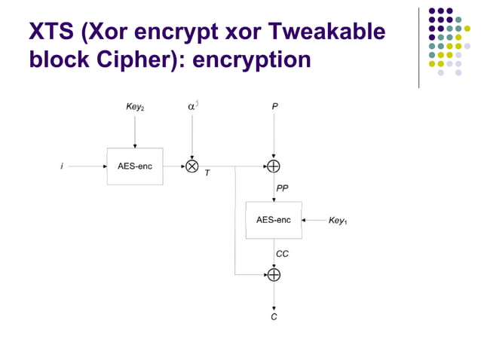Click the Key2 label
135,108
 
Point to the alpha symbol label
192,107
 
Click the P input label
274,108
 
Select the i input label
62,166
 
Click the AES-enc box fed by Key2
135,166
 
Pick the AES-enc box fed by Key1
274,220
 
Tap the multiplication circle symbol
192,166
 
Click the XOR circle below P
274,166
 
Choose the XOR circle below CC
274,275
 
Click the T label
207,173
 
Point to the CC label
282,254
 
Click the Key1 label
338,221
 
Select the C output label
274,317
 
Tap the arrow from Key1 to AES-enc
314,220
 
